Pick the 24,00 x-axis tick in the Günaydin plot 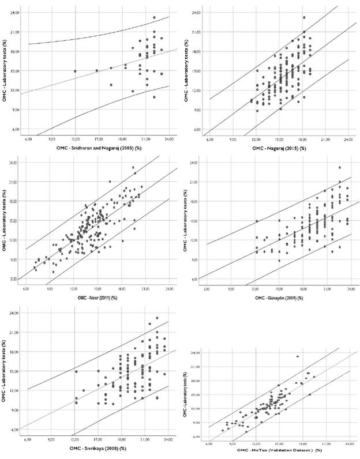[348, 288]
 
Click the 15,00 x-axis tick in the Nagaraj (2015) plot [279, 140]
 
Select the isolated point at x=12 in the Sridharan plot [75, 71]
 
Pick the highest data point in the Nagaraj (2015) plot [304, 17]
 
